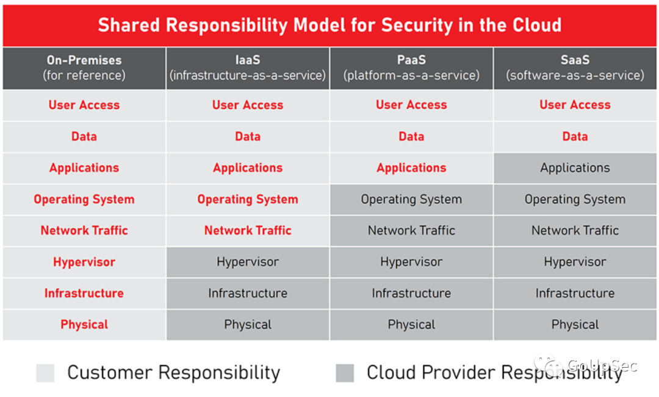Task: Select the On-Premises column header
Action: click(x=84, y=68)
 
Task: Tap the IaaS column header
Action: click(x=248, y=68)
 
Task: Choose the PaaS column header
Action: click(x=411, y=68)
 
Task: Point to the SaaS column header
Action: click(x=575, y=68)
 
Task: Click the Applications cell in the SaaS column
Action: click(x=575, y=168)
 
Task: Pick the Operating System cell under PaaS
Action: click(x=411, y=199)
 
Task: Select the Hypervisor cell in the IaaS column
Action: click(x=248, y=262)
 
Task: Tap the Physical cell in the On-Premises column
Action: click(x=84, y=325)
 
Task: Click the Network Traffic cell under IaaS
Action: click(x=248, y=230)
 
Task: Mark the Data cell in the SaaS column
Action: click(x=575, y=137)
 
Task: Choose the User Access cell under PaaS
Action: click(x=411, y=105)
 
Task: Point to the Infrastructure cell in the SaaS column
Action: click(x=575, y=293)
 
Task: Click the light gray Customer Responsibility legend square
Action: click(x=45, y=373)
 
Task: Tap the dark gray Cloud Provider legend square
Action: click(x=345, y=373)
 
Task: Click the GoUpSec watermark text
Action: click(x=602, y=365)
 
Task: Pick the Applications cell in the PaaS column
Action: click(x=411, y=168)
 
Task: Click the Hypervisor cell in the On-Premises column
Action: click(x=84, y=262)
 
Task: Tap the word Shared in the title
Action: click(x=129, y=25)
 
